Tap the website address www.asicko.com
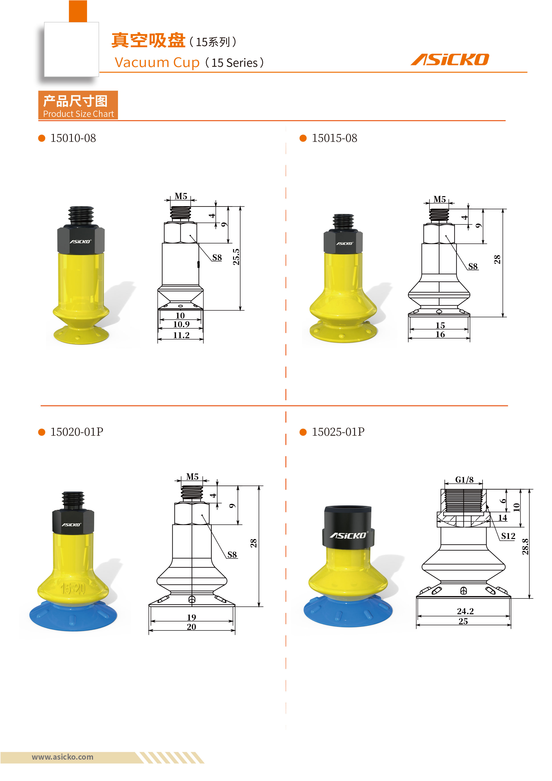[x=63, y=757]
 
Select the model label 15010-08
[x=73, y=138]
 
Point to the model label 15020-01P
[x=77, y=432]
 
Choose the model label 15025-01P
[x=338, y=432]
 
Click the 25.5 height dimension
[x=236, y=257]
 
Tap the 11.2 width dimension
[x=181, y=335]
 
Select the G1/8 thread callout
[x=464, y=480]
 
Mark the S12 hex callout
[x=508, y=536]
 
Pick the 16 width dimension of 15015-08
[x=440, y=335]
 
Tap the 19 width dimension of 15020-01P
[x=191, y=617]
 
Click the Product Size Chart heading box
[x=78, y=105]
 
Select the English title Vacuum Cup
[x=157, y=63]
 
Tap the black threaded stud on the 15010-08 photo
[x=81, y=215]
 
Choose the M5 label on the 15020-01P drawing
[x=192, y=477]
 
